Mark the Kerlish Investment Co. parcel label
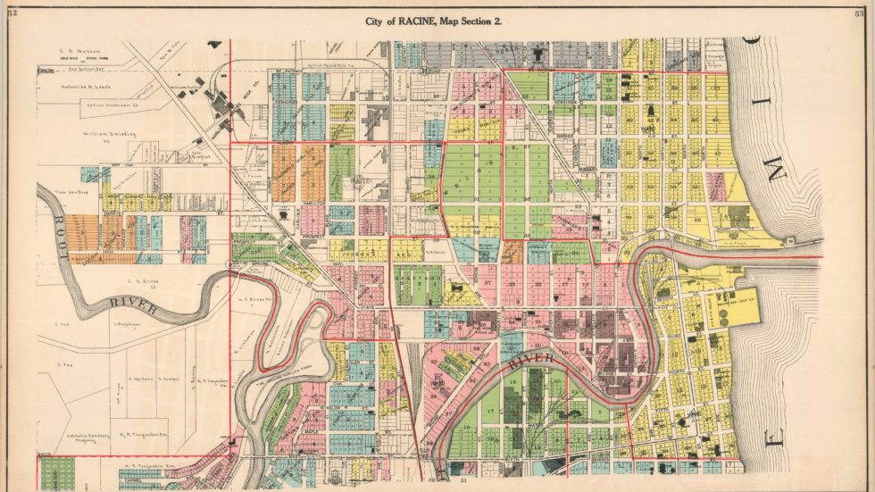(x=93, y=104)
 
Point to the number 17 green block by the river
(x=489, y=413)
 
